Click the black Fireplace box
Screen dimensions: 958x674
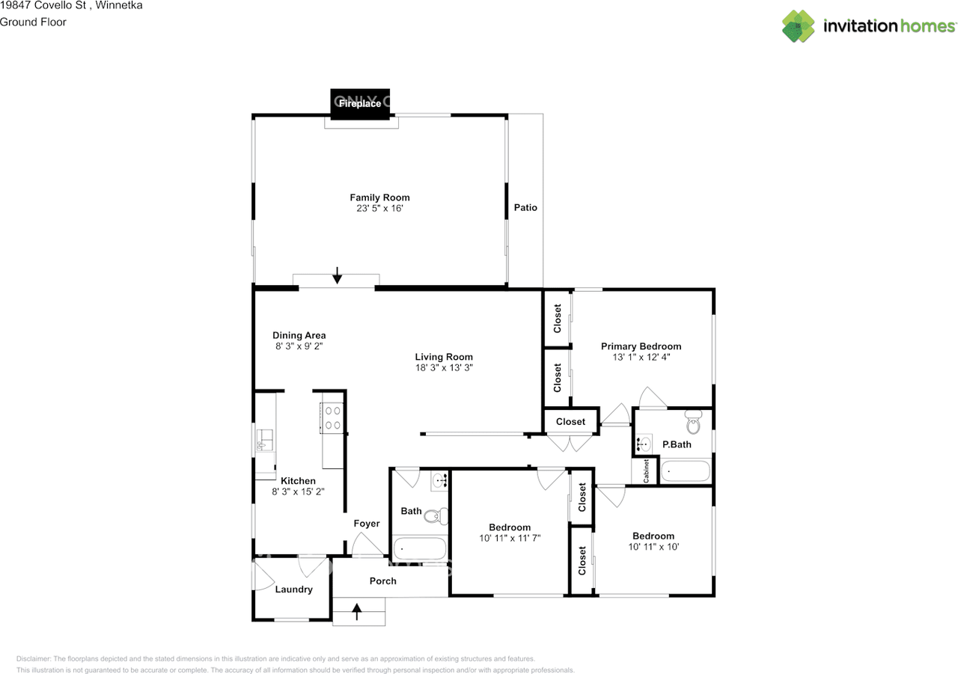pos(360,104)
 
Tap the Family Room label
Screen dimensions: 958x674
pos(379,197)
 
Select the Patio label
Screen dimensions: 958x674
pos(525,207)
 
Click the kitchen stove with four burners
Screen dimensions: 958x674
pos(332,418)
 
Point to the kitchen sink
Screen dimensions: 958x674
pos(264,440)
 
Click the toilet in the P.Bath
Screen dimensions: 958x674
pos(693,421)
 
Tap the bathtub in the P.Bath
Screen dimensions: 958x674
pos(685,471)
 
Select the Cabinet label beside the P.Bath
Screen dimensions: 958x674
pos(646,471)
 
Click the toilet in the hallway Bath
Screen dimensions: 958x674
pos(436,516)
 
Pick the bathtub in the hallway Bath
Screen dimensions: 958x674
pos(420,548)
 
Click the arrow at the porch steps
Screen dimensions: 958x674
pos(357,611)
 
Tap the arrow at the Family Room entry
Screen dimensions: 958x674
pos(337,275)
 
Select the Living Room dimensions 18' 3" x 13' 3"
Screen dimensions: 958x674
pos(444,367)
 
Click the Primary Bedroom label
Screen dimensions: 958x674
pos(641,346)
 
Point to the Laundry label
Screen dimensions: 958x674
pos(294,589)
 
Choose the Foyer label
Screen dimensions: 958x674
pos(367,524)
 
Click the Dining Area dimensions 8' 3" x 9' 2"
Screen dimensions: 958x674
pos(299,346)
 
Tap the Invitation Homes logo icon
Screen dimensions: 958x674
pos(798,26)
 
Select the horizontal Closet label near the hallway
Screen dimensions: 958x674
pos(570,422)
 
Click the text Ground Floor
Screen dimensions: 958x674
pos(33,22)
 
